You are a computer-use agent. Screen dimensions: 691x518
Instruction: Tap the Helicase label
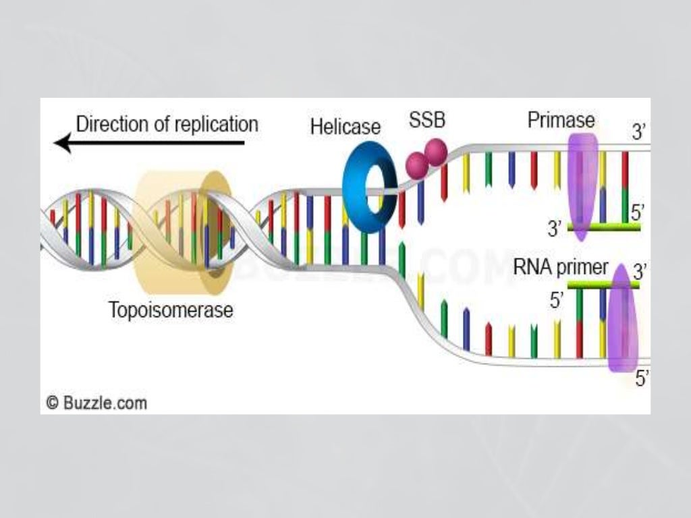pos(345,127)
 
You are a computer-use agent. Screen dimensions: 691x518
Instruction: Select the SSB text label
pos(427,122)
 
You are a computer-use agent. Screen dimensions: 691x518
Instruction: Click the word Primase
pos(561,121)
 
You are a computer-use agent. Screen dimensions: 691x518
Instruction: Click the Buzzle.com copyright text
pos(96,403)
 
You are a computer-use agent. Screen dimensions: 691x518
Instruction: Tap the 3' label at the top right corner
pos(639,132)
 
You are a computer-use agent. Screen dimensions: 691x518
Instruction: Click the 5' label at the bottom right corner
pos(642,380)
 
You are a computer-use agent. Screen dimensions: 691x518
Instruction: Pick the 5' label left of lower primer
pos(557,301)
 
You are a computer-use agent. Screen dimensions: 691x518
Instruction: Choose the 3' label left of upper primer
pos(555,229)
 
